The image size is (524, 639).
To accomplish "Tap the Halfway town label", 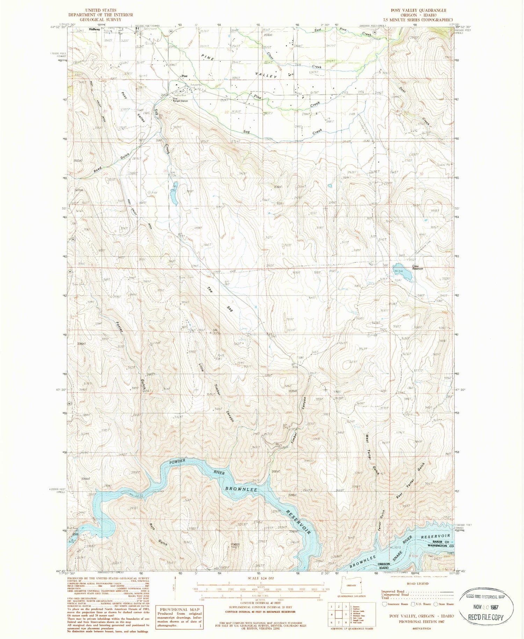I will click(94, 29).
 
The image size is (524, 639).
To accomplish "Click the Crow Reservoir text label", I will click(417, 268).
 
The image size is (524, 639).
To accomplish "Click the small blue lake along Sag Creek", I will click(174, 193).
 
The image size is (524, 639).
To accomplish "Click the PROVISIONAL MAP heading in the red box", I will click(179, 609).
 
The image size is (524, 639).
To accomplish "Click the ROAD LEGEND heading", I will click(418, 583).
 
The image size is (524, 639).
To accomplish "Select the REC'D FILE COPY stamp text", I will click(486, 617).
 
